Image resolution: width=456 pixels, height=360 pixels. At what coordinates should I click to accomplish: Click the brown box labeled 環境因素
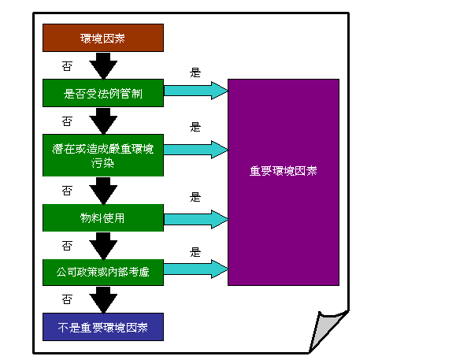click(x=103, y=38)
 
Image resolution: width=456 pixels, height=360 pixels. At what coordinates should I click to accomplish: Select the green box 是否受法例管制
click(x=103, y=93)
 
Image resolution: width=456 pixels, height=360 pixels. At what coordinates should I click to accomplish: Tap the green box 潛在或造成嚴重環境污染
click(x=103, y=155)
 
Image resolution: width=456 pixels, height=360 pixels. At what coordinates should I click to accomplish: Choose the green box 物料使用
click(x=103, y=217)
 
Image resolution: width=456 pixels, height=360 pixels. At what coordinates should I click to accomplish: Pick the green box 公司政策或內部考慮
click(x=103, y=272)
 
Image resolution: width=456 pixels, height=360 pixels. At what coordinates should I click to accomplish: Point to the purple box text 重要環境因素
click(x=284, y=172)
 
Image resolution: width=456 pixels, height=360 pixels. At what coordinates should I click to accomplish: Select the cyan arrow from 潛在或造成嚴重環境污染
click(x=196, y=147)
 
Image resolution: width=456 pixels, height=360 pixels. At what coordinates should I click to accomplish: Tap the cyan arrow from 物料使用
click(x=196, y=217)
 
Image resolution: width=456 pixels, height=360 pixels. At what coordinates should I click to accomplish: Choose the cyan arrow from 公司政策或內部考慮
click(x=196, y=269)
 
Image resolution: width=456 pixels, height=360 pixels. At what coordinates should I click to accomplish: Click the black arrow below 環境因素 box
click(x=103, y=66)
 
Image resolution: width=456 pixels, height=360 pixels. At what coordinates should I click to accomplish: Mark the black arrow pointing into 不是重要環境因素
click(x=103, y=300)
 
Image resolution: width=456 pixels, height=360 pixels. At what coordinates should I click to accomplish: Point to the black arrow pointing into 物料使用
click(x=103, y=191)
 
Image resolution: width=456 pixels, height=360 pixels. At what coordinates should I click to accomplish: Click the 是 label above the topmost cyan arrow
click(x=195, y=72)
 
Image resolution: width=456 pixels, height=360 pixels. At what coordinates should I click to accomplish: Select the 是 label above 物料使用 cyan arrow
click(x=195, y=197)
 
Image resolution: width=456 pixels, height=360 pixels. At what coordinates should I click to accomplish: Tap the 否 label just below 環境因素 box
click(x=67, y=65)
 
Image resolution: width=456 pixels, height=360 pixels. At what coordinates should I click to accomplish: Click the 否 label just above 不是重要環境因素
click(x=67, y=299)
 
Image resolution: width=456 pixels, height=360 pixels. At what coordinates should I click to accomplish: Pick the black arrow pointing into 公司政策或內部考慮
click(x=103, y=246)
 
